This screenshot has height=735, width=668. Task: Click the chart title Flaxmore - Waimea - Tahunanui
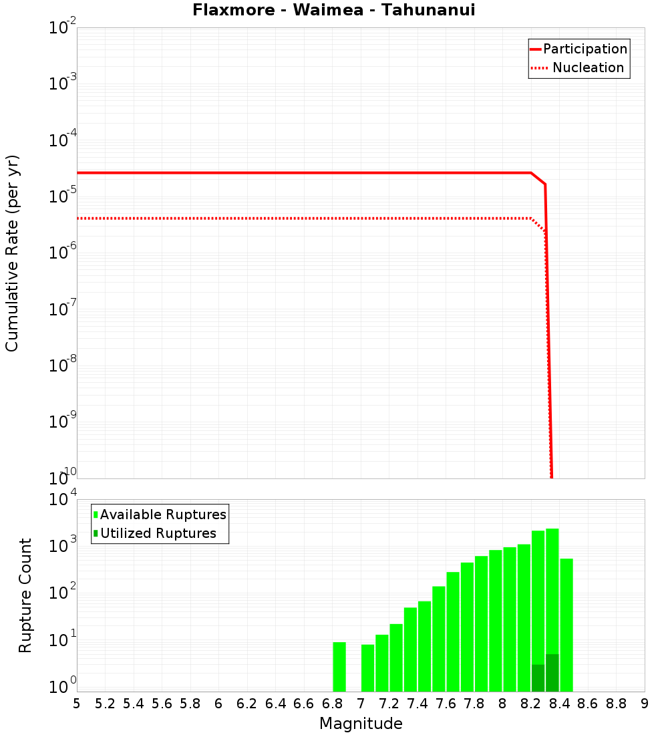point(333,11)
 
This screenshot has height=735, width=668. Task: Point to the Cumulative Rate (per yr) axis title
point(12,253)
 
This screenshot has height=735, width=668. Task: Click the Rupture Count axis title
point(25,595)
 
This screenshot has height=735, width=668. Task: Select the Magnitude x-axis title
point(361,724)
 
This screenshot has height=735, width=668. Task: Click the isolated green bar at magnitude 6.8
point(339,667)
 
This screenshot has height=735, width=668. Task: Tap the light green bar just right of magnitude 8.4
point(566,625)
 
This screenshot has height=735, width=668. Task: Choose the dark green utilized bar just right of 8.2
point(538,678)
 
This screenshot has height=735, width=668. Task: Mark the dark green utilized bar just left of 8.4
point(552,673)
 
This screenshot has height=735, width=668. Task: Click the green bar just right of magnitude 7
point(367,668)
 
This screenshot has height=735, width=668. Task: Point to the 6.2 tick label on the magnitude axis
point(247,704)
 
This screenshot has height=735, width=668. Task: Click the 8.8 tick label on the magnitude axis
point(617,704)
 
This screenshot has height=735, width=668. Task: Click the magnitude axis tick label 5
point(77,704)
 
